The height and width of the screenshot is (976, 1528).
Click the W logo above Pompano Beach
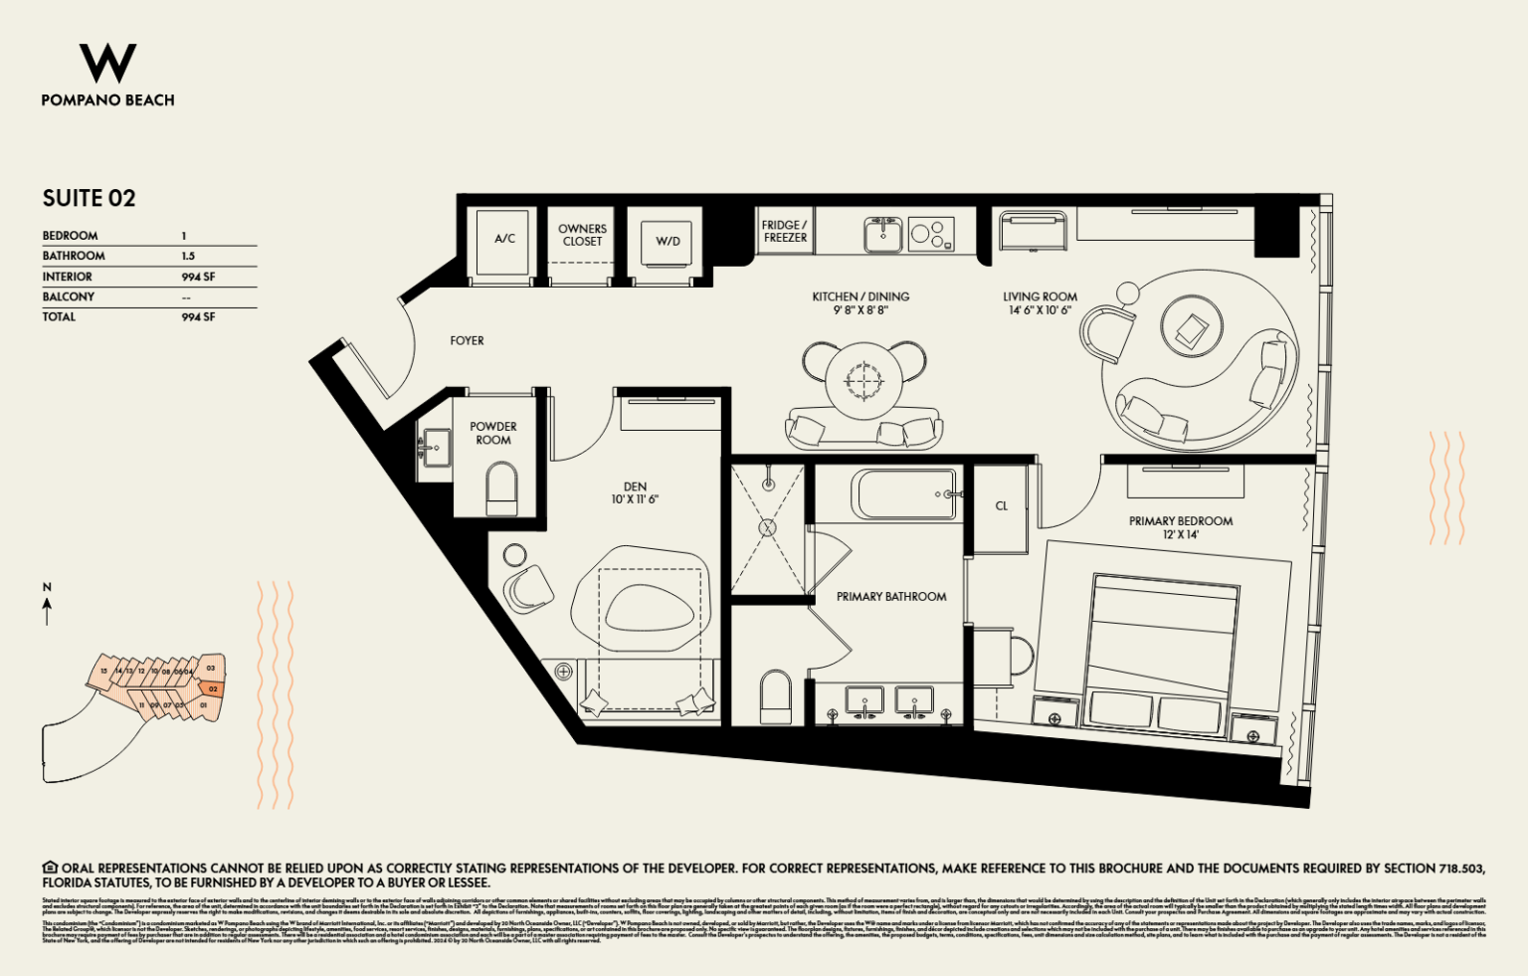[107, 63]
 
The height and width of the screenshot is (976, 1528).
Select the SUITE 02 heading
[89, 198]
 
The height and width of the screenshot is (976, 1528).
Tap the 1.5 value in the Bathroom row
[188, 256]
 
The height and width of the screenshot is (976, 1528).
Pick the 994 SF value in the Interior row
[198, 277]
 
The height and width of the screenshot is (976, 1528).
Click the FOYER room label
[467, 340]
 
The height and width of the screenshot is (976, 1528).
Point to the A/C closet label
[504, 239]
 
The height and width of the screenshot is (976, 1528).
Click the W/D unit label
[668, 241]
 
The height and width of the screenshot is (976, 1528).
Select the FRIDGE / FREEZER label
[785, 231]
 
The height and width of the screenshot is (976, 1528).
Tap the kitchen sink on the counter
[882, 236]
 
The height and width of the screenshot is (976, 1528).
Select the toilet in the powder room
[502, 489]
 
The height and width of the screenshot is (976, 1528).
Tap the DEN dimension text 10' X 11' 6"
[635, 499]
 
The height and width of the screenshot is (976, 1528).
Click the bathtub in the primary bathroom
[903, 493]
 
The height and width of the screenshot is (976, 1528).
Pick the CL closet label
[1001, 506]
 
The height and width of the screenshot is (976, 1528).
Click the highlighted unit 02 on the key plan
[212, 688]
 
